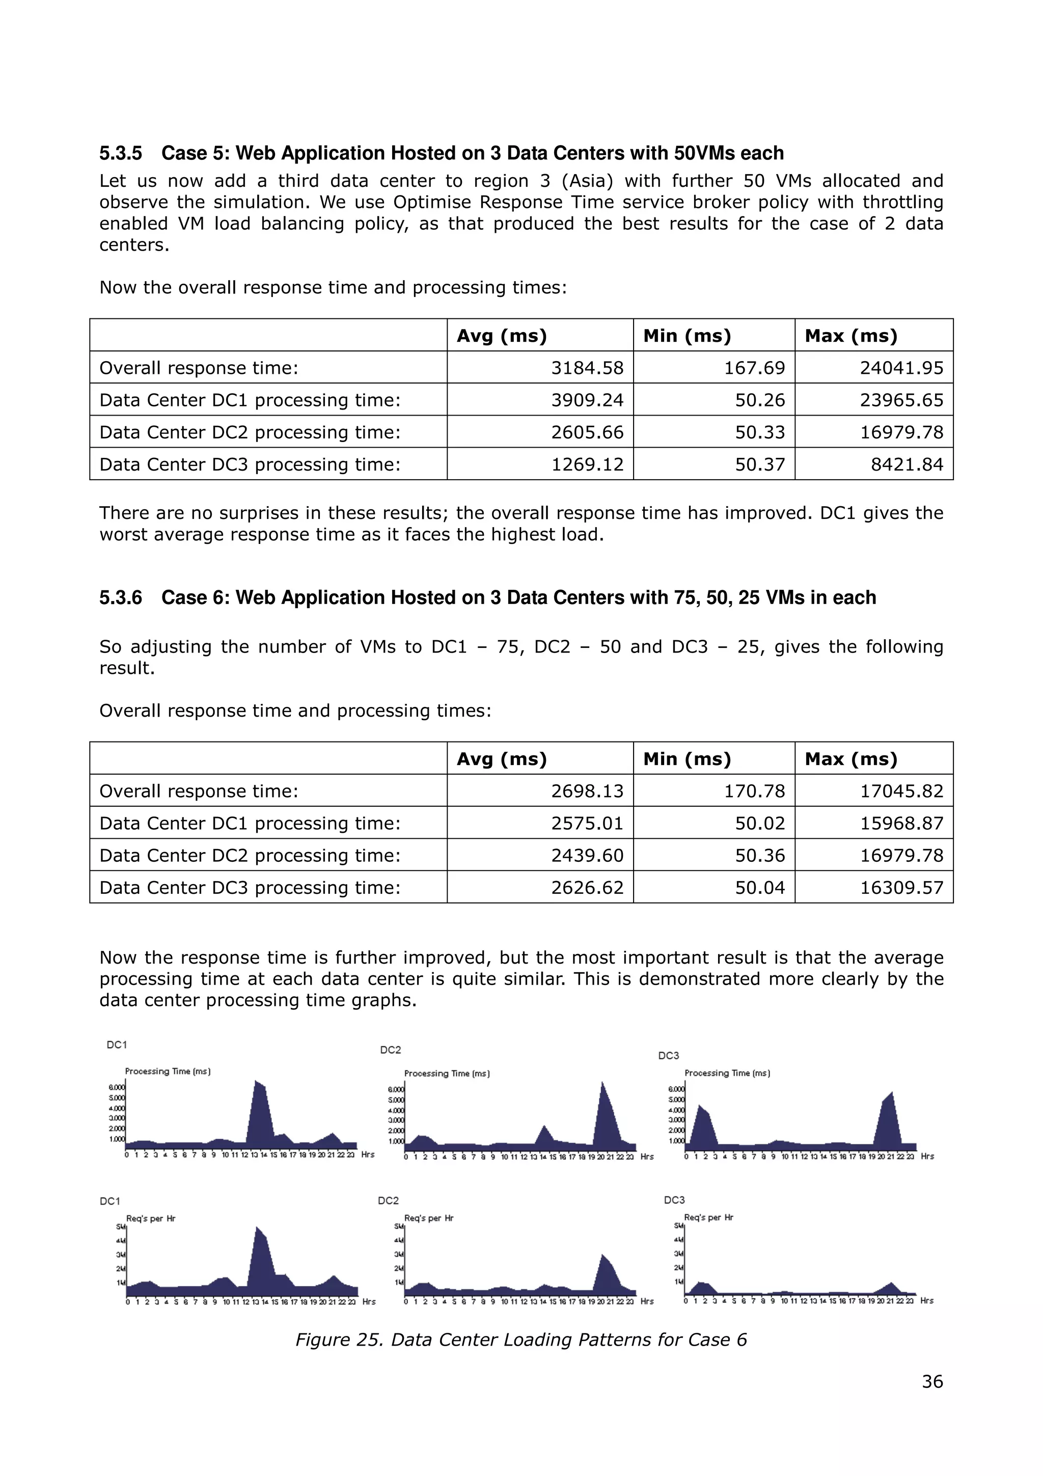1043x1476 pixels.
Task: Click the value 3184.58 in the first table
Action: (x=587, y=368)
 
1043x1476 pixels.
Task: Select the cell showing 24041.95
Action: (x=901, y=368)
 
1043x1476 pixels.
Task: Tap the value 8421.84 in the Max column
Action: (x=907, y=464)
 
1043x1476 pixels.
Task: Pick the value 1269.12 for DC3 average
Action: (x=587, y=464)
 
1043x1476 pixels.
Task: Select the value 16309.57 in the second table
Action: (x=901, y=887)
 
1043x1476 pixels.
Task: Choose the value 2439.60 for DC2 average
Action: (x=587, y=855)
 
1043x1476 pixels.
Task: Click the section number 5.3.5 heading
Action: (x=120, y=153)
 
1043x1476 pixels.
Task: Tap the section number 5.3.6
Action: (x=120, y=597)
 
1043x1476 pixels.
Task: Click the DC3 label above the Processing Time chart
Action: (x=668, y=1056)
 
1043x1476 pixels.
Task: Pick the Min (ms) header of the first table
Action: (x=687, y=336)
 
